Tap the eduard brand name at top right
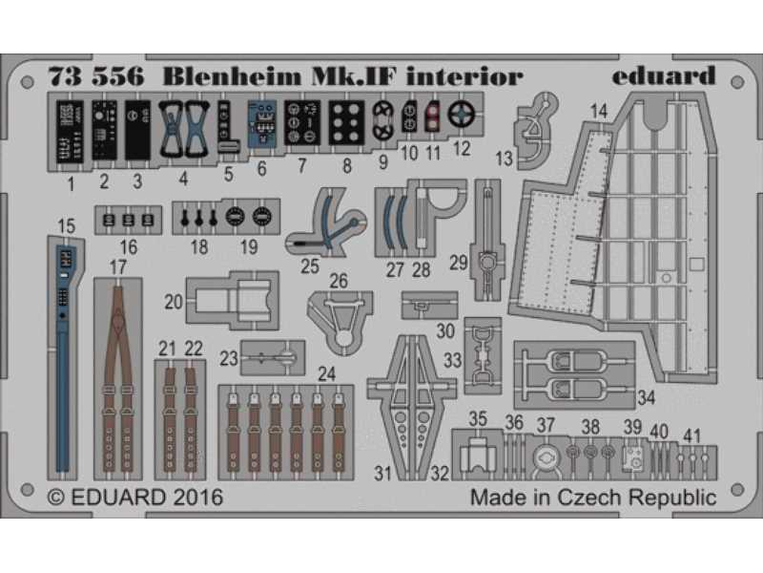pyautogui.click(x=664, y=75)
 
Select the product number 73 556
pyautogui.click(x=96, y=77)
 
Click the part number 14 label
pyautogui.click(x=599, y=112)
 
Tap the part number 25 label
pyautogui.click(x=309, y=266)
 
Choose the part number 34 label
pyautogui.click(x=646, y=397)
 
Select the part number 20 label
pyautogui.click(x=174, y=302)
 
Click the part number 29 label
pyautogui.click(x=458, y=264)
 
